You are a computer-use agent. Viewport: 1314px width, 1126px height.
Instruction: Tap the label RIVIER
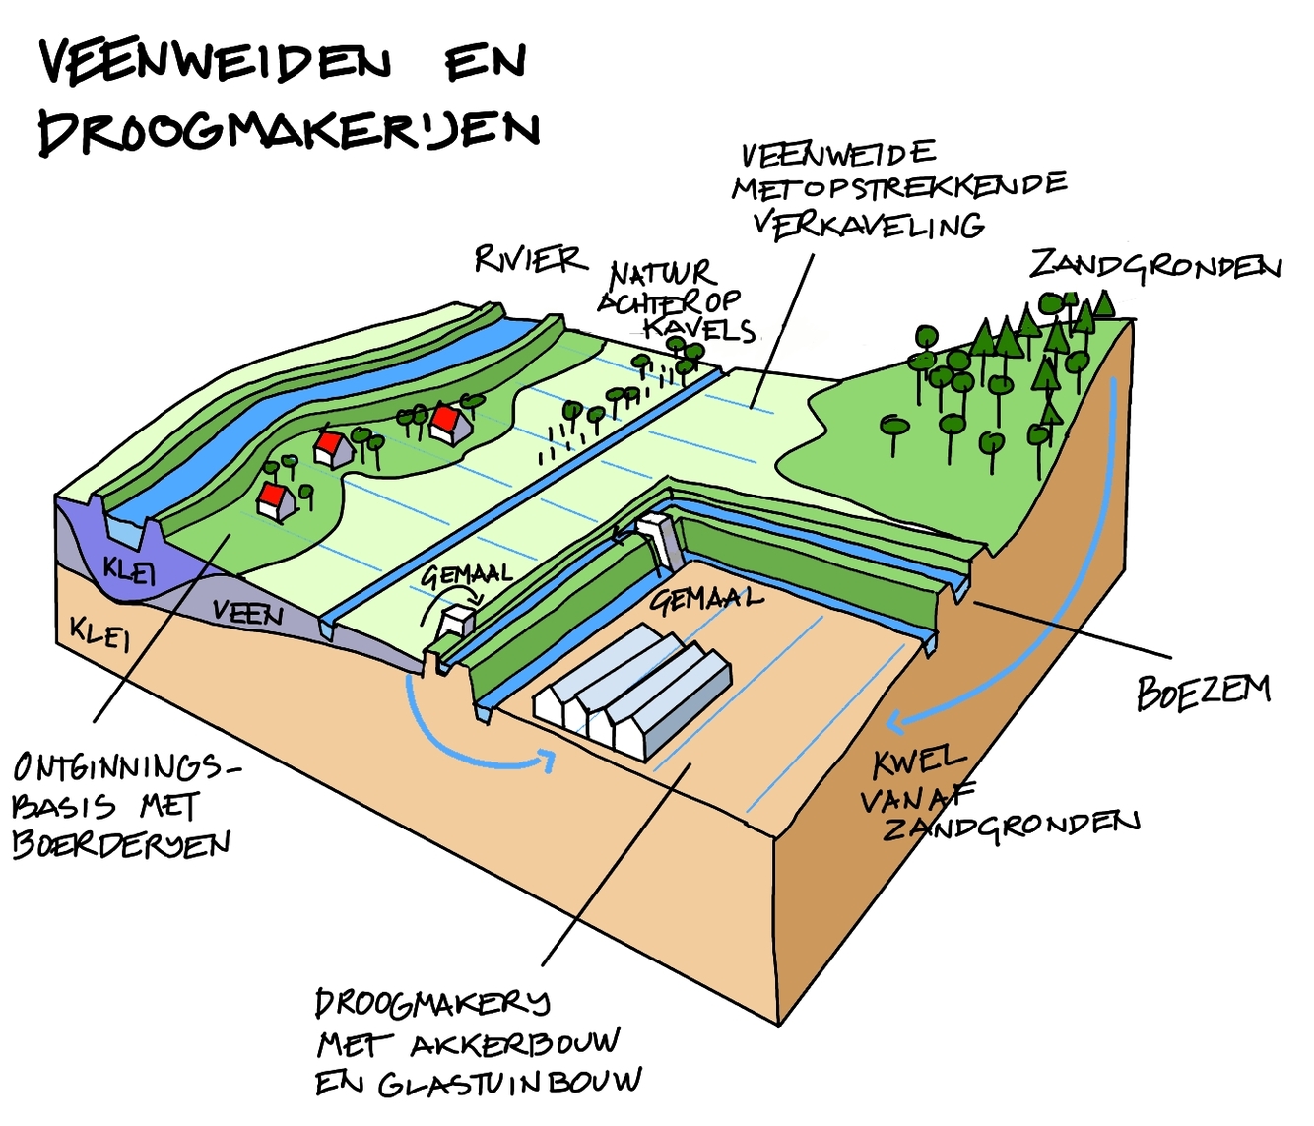(x=529, y=259)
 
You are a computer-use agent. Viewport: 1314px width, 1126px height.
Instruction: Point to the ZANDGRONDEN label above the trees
(x=1154, y=266)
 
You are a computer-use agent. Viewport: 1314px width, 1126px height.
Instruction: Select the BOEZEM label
(x=1203, y=692)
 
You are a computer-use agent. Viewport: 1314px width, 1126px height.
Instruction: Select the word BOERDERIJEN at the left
(x=121, y=845)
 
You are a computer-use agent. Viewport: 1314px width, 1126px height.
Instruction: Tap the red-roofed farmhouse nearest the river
(x=275, y=499)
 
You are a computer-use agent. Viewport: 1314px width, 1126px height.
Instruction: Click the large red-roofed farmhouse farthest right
(x=448, y=423)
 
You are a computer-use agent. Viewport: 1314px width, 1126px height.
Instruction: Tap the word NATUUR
(x=662, y=273)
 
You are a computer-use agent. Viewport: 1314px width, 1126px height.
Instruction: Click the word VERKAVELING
(x=869, y=224)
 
